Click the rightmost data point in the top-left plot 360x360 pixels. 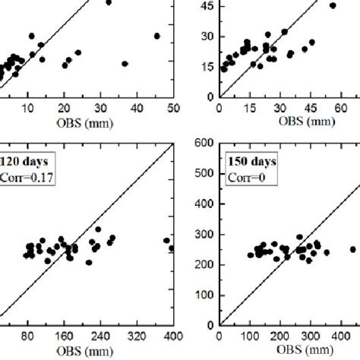click(x=156, y=36)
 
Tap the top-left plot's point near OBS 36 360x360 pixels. click(x=125, y=64)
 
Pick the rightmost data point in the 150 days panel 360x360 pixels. click(x=352, y=249)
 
